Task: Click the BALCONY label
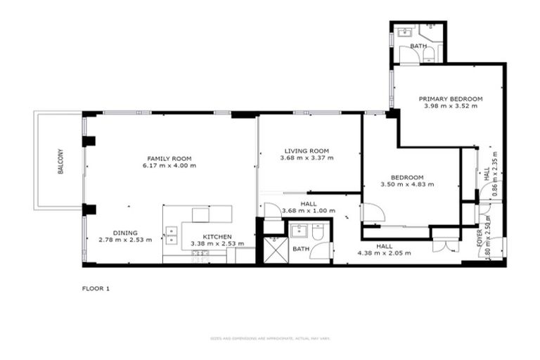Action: pos(60,160)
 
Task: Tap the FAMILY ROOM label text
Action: pos(169,158)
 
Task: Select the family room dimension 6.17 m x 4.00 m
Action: pos(169,166)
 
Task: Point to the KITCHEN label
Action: pos(217,237)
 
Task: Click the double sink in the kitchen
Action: pos(172,235)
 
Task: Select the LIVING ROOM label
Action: pos(307,150)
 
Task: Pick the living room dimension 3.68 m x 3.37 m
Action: pos(307,158)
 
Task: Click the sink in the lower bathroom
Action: pos(298,231)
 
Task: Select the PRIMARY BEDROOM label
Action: pos(451,98)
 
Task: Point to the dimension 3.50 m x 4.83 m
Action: pos(408,184)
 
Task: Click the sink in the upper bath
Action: pos(405,32)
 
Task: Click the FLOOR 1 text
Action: pos(96,288)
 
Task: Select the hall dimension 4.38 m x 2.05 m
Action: pos(384,253)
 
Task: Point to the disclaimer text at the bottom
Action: pos(270,339)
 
